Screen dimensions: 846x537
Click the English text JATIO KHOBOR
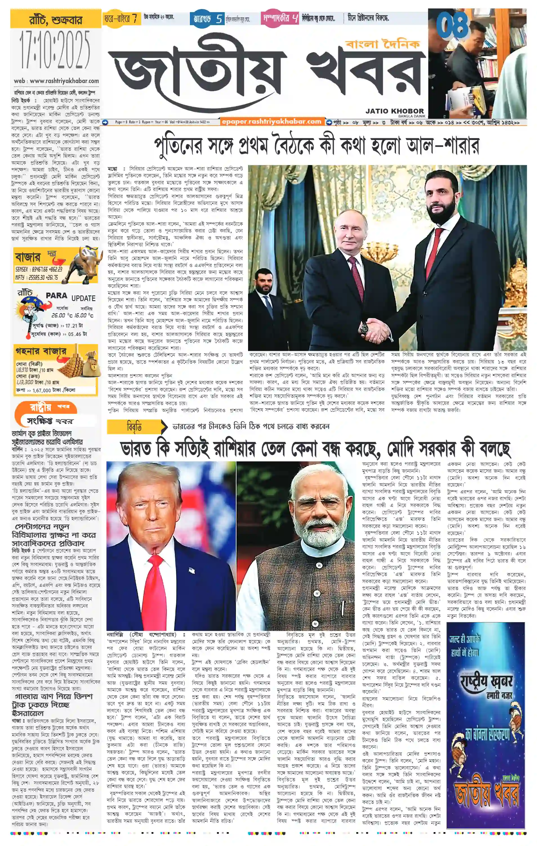click(395, 111)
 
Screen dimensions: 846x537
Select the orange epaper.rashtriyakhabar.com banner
click(271, 122)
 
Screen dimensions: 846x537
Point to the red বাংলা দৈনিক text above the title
click(382, 44)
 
